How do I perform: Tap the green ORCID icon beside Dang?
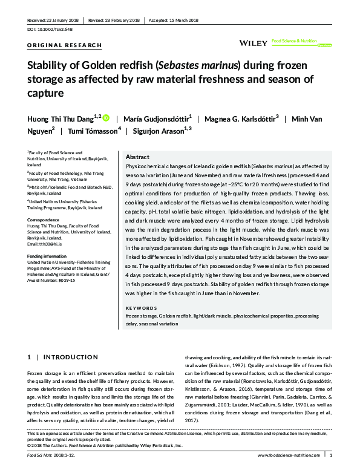(106, 118)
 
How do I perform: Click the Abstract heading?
(137, 156)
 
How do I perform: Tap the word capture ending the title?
(45, 93)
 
